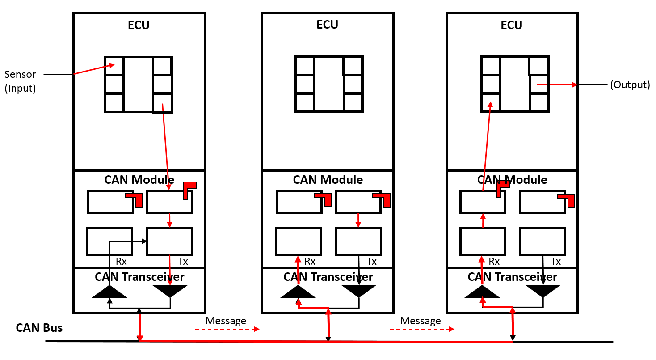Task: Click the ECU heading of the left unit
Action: click(x=139, y=25)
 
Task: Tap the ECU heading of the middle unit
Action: click(x=328, y=25)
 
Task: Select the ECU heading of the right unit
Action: click(x=512, y=25)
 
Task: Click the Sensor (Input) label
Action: click(x=20, y=81)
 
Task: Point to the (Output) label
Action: click(x=630, y=85)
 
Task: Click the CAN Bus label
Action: click(x=39, y=328)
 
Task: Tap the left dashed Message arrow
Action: click(x=227, y=329)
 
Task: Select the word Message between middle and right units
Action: click(x=421, y=321)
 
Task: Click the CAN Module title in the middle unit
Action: click(x=328, y=180)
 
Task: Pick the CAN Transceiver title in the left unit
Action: click(x=139, y=277)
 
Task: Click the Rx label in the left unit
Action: click(x=115, y=262)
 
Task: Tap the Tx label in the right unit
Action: click(x=555, y=262)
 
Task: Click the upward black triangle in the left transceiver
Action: click(x=109, y=292)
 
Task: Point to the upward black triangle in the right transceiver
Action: click(x=482, y=292)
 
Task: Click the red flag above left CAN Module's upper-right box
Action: click(x=189, y=189)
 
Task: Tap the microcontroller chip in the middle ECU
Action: click(x=328, y=84)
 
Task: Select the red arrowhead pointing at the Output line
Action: click(x=573, y=85)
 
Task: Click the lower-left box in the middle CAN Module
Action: click(x=298, y=241)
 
